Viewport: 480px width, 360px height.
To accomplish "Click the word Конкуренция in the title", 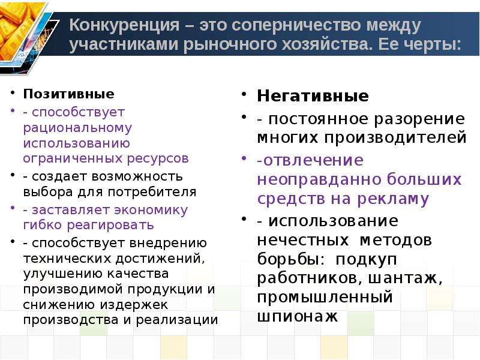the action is pyautogui.click(x=124, y=25).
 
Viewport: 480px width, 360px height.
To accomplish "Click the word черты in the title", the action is pyautogui.click(x=432, y=45).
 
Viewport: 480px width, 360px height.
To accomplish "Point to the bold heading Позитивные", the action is pyautogui.click(x=68, y=94).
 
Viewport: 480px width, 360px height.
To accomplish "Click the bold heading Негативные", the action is pyautogui.click(x=313, y=96).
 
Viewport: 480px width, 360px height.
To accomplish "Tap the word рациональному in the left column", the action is pyautogui.click(x=77, y=128).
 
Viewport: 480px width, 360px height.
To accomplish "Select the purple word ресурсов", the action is pyautogui.click(x=158, y=158).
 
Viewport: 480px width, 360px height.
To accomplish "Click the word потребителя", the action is pyautogui.click(x=152, y=192).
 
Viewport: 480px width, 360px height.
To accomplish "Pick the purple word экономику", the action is pyautogui.click(x=151, y=210).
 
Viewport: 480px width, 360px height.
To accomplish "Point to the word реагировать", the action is pyautogui.click(x=110, y=226).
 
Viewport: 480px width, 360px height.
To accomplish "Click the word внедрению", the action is pyautogui.click(x=168, y=244).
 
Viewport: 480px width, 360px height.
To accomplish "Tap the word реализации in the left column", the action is pyautogui.click(x=176, y=320).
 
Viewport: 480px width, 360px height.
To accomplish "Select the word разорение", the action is pyautogui.click(x=419, y=119).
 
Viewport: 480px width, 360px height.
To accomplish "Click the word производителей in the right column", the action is pyautogui.click(x=395, y=138).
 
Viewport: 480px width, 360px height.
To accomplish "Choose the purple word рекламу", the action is pyautogui.click(x=393, y=199).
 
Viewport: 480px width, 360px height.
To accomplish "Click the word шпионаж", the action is pyautogui.click(x=298, y=317).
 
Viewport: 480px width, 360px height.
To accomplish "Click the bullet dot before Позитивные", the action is pyautogui.click(x=12, y=92).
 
